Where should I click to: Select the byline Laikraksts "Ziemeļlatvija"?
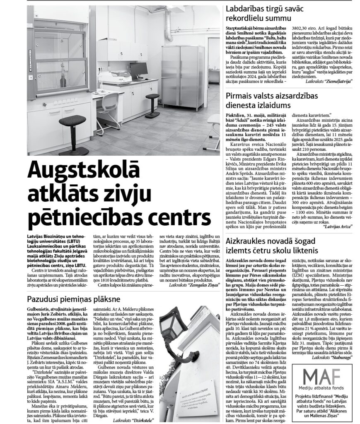329,82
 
